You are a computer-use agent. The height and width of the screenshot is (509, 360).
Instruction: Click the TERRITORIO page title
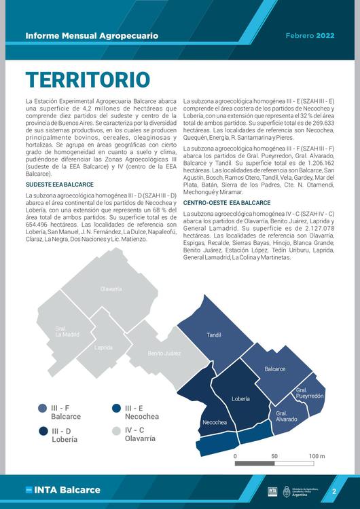click(x=88, y=79)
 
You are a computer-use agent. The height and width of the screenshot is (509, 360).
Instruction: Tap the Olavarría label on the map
click(x=111, y=289)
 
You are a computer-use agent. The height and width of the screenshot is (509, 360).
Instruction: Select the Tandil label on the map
click(x=214, y=335)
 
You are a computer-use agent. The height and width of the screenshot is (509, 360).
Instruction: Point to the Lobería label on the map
click(x=240, y=398)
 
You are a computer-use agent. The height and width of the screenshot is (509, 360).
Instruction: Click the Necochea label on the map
click(x=215, y=423)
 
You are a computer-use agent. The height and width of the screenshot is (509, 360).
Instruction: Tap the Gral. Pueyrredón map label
click(x=310, y=393)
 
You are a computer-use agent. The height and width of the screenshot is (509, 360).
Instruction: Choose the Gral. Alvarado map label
click(x=287, y=416)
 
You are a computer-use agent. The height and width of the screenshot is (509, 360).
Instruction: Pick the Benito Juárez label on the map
click(x=164, y=354)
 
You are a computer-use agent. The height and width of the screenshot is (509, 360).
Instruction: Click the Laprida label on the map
click(x=104, y=347)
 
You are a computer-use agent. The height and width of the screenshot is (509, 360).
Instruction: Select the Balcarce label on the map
click(x=274, y=369)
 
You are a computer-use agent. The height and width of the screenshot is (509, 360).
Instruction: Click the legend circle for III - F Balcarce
click(x=43, y=408)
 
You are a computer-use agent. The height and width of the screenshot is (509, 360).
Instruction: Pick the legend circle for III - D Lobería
click(x=43, y=431)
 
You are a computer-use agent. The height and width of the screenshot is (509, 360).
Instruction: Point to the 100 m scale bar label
click(x=317, y=456)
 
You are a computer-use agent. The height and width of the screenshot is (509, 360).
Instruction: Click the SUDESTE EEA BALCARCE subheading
click(x=60, y=185)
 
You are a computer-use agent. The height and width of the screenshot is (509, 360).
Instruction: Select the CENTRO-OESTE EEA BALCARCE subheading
click(x=227, y=202)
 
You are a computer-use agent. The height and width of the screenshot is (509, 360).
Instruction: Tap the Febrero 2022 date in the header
click(x=310, y=35)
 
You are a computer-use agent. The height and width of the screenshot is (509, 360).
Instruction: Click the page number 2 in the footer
click(x=334, y=491)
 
